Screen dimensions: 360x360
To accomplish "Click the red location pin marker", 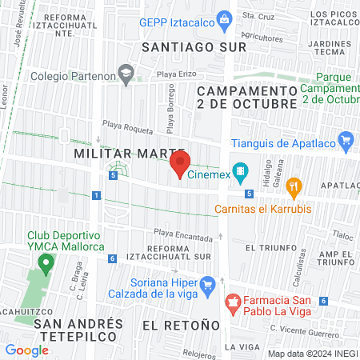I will tap(179, 164).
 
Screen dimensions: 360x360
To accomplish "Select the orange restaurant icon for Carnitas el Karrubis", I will tap(294, 188).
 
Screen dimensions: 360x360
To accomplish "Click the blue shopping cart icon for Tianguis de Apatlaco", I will tap(346, 142).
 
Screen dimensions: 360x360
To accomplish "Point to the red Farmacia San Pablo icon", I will tap(234, 302).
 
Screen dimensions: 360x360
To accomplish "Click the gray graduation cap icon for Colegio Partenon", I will tap(126, 74).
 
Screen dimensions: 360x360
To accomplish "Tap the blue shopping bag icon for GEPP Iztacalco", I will tap(226, 18).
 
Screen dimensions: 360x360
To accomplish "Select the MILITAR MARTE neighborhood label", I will tap(130, 152).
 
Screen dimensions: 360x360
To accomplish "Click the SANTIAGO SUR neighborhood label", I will tap(194, 47).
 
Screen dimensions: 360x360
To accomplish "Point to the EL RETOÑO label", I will tap(180, 325).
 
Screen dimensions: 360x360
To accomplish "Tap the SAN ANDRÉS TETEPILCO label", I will tap(78, 330).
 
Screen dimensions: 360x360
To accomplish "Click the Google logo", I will tap(26, 350).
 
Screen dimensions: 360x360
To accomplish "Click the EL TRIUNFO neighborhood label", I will tap(269, 248).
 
